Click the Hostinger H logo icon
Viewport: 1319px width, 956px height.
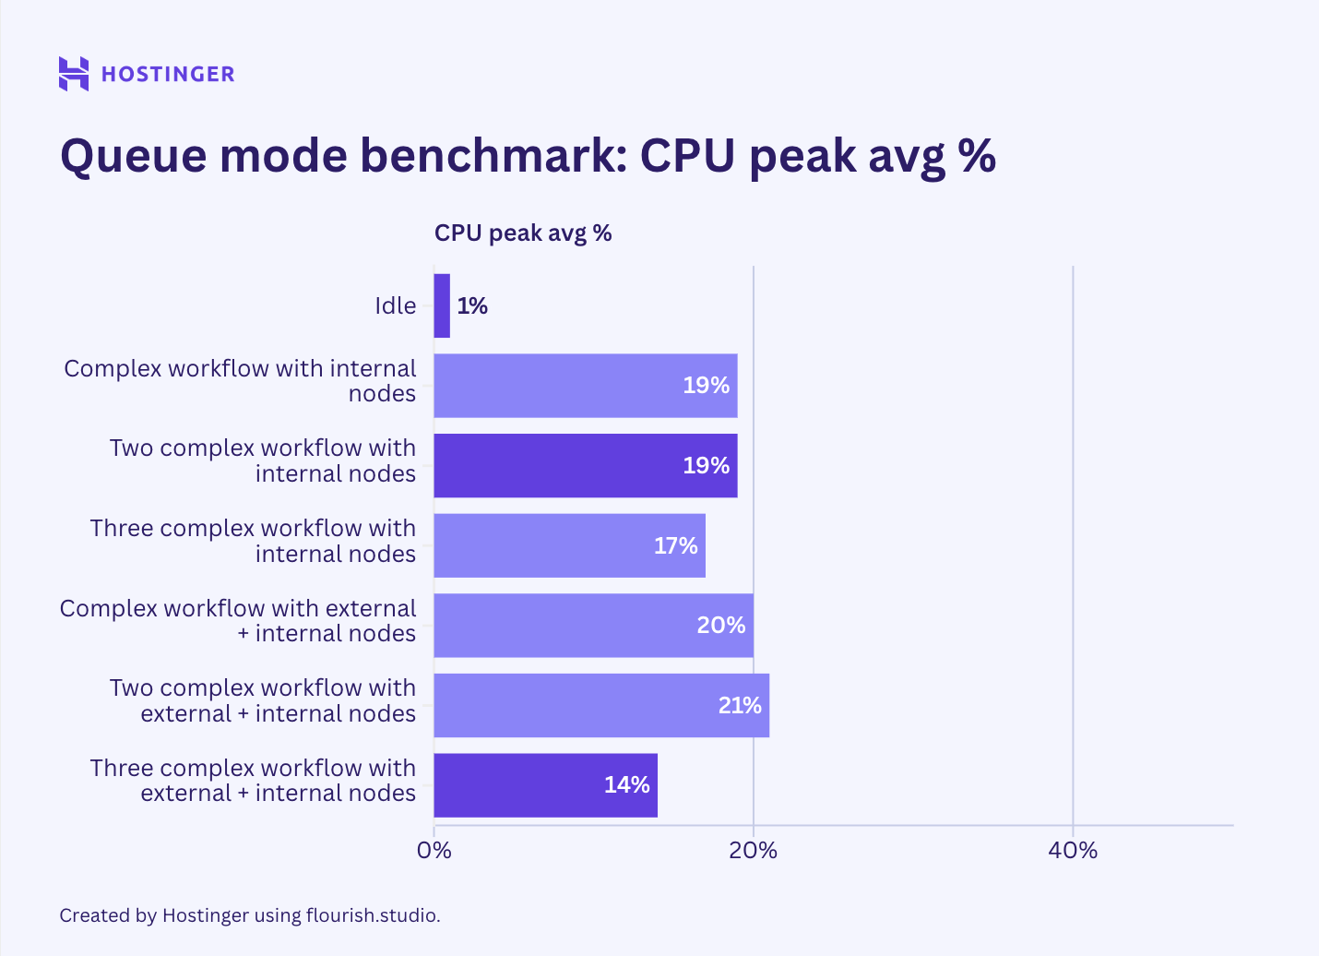point(74,74)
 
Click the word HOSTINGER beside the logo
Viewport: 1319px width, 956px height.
point(168,74)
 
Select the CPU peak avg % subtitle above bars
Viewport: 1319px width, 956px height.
point(523,233)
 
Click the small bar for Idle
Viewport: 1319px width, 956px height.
point(442,305)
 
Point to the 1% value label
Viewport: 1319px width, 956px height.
point(472,305)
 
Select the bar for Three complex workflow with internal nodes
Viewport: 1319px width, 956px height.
point(569,545)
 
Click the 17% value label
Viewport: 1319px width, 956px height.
point(675,545)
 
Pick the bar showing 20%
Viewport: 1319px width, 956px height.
point(593,626)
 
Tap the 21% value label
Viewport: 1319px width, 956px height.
point(740,705)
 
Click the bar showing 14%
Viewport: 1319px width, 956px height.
point(545,785)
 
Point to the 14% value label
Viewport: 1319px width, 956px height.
point(627,785)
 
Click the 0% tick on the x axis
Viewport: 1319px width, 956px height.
point(434,850)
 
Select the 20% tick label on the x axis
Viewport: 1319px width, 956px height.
point(753,850)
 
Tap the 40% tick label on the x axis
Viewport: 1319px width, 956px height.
point(1073,850)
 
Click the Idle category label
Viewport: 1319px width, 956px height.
point(395,305)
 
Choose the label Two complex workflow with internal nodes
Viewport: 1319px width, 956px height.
point(263,460)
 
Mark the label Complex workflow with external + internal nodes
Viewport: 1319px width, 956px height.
point(238,621)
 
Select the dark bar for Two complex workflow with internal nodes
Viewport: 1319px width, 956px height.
point(585,466)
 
